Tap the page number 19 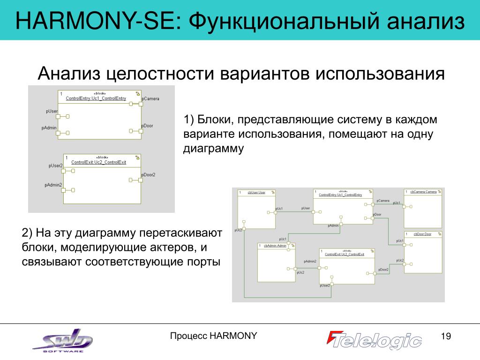(445, 336)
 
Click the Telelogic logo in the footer (375, 340)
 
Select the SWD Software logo (63, 340)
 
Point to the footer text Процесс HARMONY (213, 336)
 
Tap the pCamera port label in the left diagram (150, 98)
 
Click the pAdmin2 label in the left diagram (53, 185)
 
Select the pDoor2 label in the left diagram (148, 175)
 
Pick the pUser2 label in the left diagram (55, 165)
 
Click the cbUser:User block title (256, 192)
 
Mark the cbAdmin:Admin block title (275, 246)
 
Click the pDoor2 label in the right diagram (383, 270)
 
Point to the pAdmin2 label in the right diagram (310, 261)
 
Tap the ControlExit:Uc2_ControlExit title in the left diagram (98, 162)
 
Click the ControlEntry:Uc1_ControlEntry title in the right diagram (340, 195)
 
